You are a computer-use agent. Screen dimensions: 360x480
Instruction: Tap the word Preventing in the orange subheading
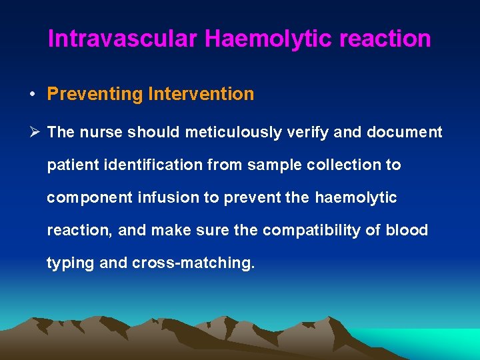[x=95, y=94]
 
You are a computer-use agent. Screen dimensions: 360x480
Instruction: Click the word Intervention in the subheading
[x=201, y=94]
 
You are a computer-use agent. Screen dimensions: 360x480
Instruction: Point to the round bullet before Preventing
[x=32, y=94]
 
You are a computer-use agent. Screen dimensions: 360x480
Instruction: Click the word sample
[x=271, y=165]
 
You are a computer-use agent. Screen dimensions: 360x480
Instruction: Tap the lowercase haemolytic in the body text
[x=355, y=198]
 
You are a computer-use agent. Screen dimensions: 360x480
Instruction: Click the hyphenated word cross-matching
[x=193, y=263]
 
